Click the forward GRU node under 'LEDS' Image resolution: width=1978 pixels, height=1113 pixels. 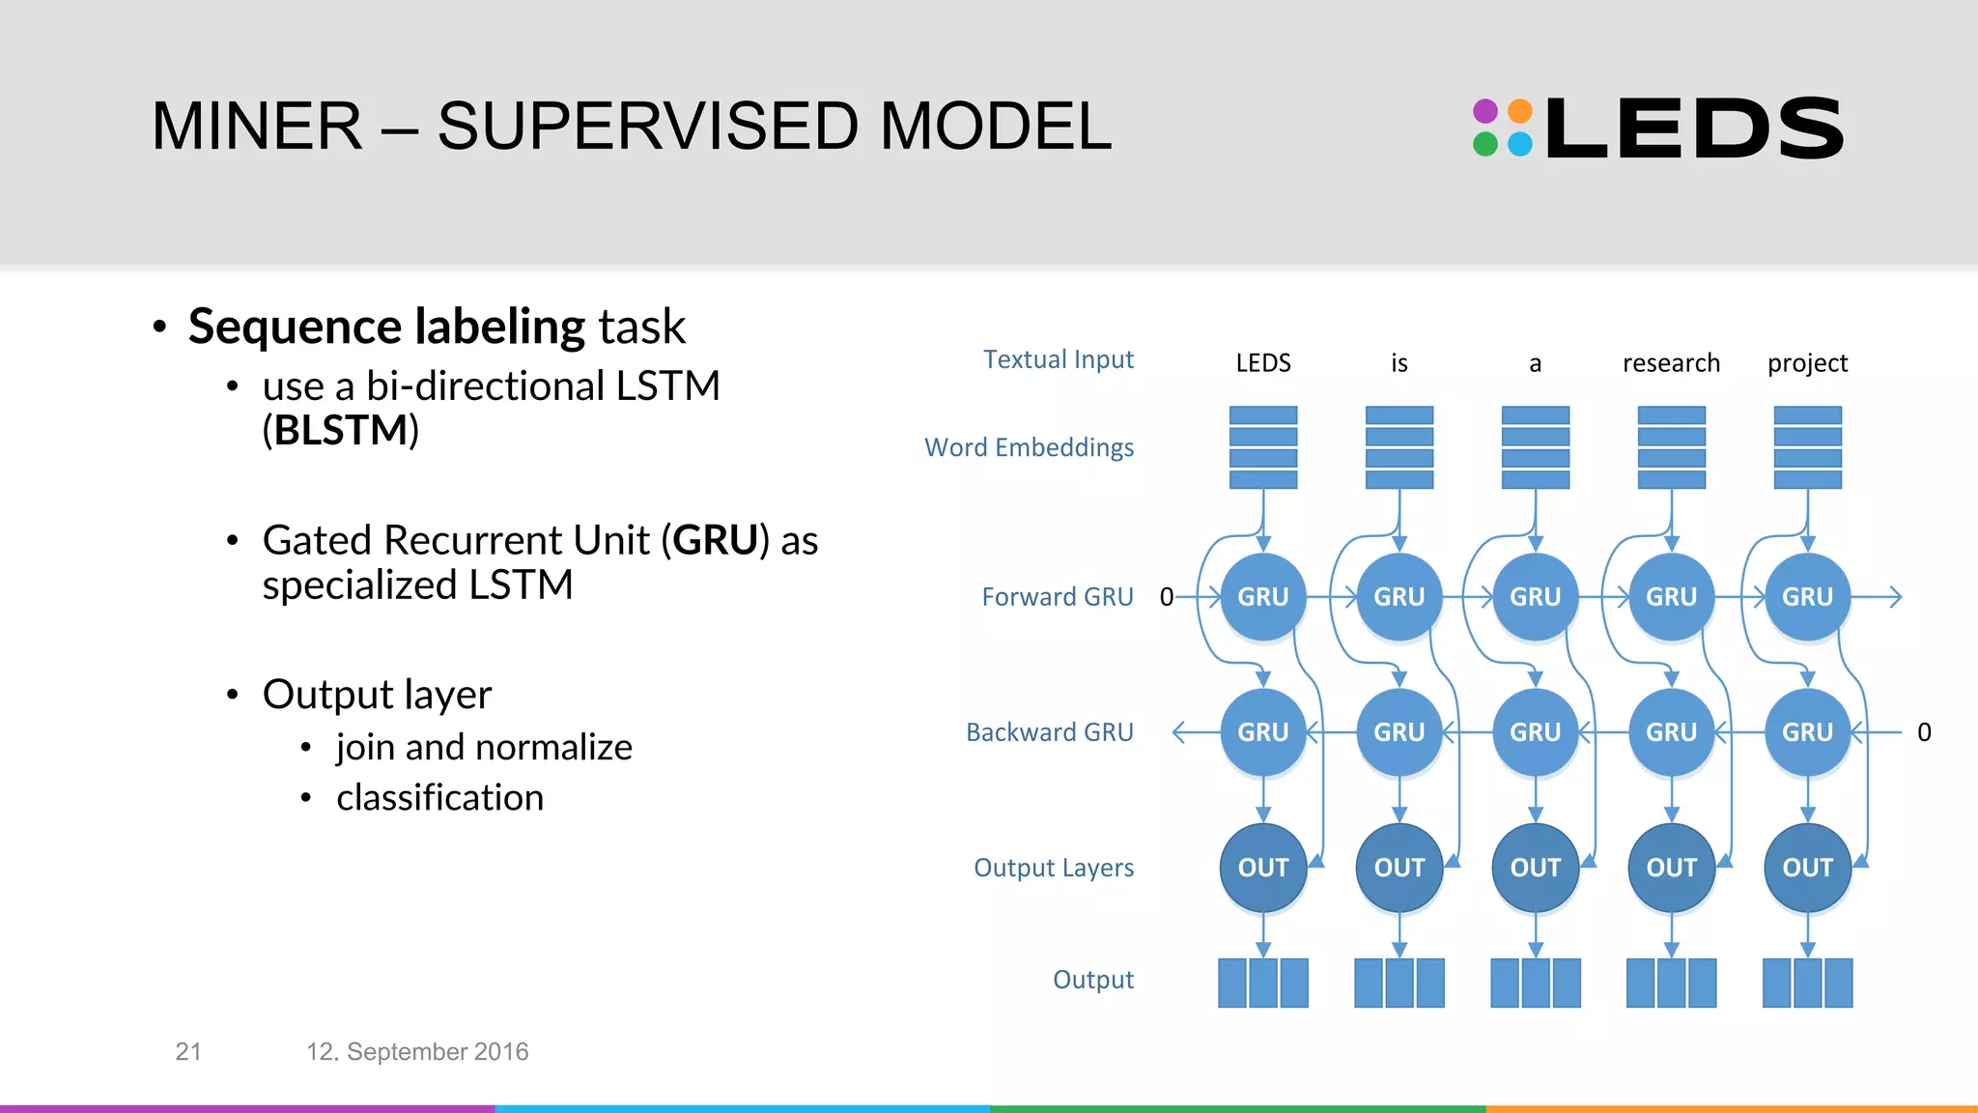click(x=1262, y=597)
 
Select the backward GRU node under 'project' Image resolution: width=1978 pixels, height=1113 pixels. click(x=1807, y=732)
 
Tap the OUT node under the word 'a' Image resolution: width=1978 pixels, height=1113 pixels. click(x=1535, y=868)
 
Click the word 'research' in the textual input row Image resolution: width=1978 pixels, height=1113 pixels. click(x=1671, y=363)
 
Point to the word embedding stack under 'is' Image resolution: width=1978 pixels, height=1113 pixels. click(x=1399, y=447)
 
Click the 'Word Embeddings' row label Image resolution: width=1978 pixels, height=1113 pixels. click(x=1029, y=447)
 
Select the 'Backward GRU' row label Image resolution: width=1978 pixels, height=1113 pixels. click(x=1049, y=732)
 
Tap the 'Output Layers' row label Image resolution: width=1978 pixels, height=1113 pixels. click(x=1053, y=868)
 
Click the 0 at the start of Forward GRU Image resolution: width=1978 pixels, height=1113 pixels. click(x=1166, y=597)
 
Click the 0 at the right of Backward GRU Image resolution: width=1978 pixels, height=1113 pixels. click(x=1924, y=732)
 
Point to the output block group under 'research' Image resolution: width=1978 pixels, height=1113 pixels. click(x=1671, y=983)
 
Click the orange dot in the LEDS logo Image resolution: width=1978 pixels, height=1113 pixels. click(x=1520, y=111)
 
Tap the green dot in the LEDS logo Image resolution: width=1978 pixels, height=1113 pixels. click(x=1485, y=145)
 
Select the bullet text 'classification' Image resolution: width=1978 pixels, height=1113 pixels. click(x=439, y=798)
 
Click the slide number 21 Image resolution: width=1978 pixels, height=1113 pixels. click(x=188, y=1051)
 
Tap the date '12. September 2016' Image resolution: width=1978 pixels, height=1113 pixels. click(x=417, y=1051)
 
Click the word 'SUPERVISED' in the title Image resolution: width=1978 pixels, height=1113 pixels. click(x=647, y=127)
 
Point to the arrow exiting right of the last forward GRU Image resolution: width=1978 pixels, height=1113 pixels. click(x=1879, y=597)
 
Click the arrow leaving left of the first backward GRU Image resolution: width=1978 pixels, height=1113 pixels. click(x=1194, y=732)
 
